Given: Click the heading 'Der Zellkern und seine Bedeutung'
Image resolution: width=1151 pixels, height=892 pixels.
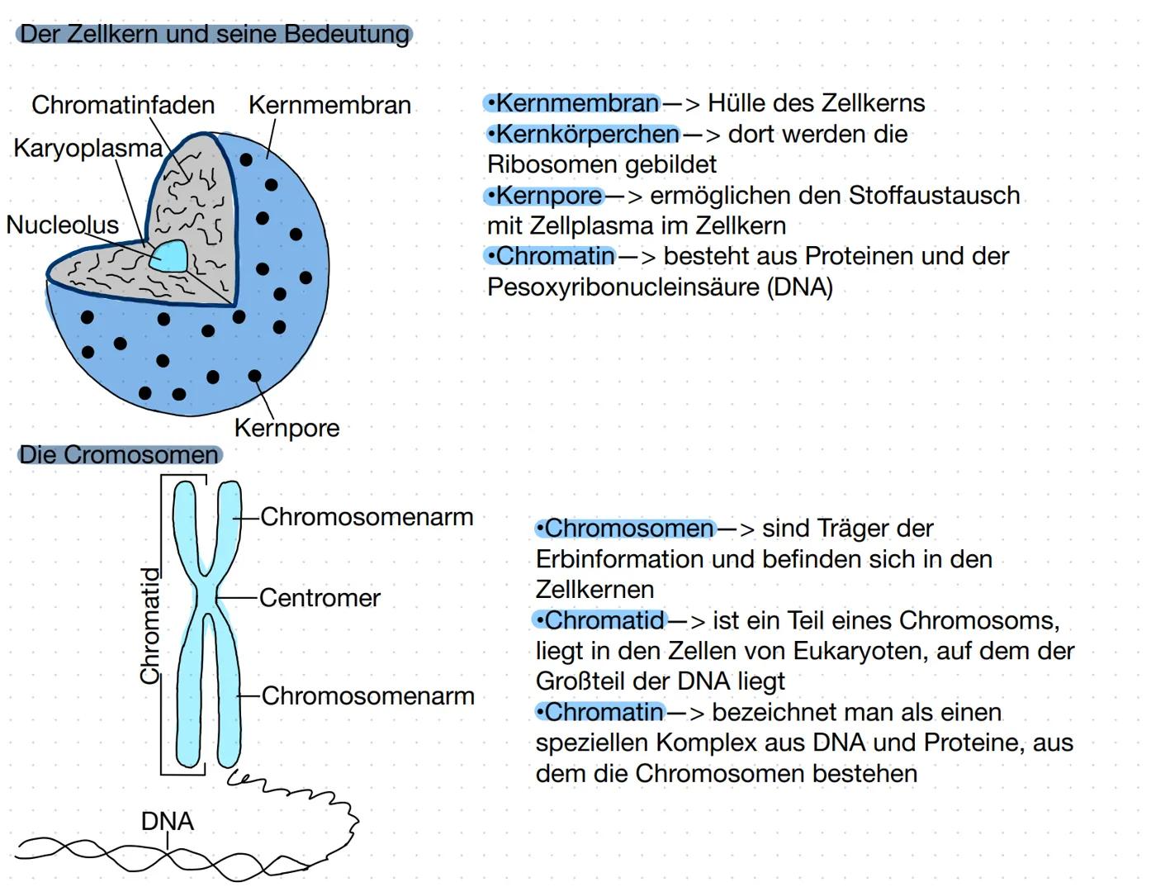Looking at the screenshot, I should tap(214, 35).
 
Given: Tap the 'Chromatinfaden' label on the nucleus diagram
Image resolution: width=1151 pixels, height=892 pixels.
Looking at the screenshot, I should tap(123, 105).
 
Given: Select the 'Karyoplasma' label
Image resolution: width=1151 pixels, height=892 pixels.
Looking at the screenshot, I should tap(88, 148).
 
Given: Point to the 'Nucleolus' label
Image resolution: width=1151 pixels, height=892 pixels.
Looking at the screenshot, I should tap(62, 225).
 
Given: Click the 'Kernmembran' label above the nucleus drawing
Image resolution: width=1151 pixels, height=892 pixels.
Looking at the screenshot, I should tap(329, 105).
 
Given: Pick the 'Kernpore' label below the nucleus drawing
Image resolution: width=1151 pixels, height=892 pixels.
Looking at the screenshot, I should tap(287, 428).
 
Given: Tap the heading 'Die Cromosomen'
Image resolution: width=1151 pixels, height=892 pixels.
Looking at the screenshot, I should tap(119, 454).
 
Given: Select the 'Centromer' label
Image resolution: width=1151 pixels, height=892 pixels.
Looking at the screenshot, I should tap(320, 597).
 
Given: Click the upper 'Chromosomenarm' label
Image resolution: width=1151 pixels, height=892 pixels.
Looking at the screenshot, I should tap(367, 517).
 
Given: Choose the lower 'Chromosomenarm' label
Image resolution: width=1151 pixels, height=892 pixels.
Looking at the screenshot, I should tap(367, 696).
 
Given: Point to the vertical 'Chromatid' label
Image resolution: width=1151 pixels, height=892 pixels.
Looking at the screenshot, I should tap(149, 625).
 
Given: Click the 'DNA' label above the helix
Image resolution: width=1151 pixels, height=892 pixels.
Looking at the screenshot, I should tap(167, 821).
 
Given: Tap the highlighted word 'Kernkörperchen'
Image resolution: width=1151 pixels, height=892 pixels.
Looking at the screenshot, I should tap(587, 134).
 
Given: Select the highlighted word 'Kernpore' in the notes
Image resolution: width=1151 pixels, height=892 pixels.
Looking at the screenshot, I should tap(549, 196).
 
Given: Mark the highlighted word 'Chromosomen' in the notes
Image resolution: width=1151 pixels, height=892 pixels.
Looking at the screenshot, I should tap(629, 529).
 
